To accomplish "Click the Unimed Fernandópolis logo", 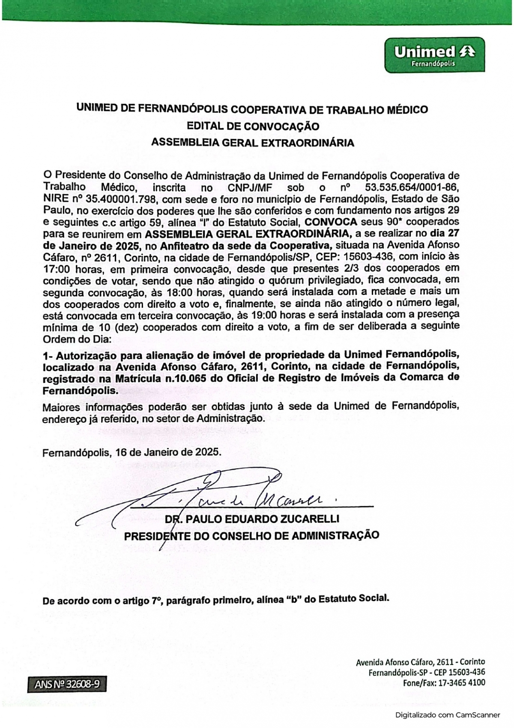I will click(x=434, y=55).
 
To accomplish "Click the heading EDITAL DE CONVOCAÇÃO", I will click(x=253, y=126).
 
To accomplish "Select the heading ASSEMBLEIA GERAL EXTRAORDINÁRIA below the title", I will click(x=253, y=143).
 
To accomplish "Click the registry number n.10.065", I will click(x=191, y=378).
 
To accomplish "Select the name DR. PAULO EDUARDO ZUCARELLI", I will click(x=252, y=519).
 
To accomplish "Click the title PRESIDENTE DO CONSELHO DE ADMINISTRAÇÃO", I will click(x=251, y=535).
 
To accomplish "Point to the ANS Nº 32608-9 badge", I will click(x=66, y=684).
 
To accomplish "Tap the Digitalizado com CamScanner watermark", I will click(x=447, y=715).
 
